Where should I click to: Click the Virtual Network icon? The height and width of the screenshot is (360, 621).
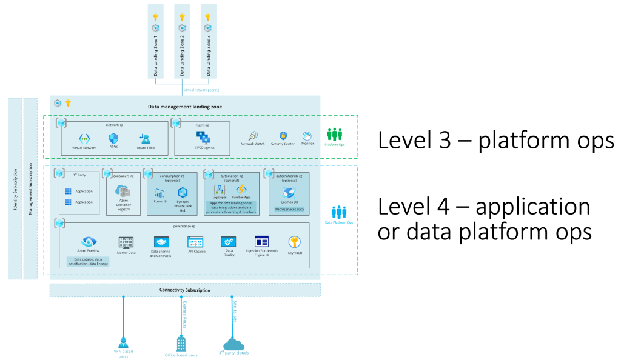(84, 138)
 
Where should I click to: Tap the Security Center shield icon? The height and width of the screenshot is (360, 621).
(283, 136)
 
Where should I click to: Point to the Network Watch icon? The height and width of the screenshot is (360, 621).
(252, 136)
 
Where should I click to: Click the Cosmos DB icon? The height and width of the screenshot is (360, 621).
(289, 192)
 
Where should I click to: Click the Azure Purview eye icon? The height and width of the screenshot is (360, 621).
(89, 242)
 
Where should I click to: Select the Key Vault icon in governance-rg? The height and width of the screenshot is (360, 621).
(295, 241)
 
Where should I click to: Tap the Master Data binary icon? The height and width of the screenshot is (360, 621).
(126, 242)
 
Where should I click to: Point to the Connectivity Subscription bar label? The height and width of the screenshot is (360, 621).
(185, 290)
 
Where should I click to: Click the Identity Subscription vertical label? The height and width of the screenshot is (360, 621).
(15, 188)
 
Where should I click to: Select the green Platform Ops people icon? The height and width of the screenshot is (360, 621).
(335, 134)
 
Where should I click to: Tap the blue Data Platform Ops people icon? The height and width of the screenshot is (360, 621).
(339, 213)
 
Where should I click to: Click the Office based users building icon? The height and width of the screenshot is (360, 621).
(181, 343)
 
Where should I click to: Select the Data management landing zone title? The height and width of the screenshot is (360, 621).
(185, 107)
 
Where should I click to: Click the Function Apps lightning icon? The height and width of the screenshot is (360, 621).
(241, 189)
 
